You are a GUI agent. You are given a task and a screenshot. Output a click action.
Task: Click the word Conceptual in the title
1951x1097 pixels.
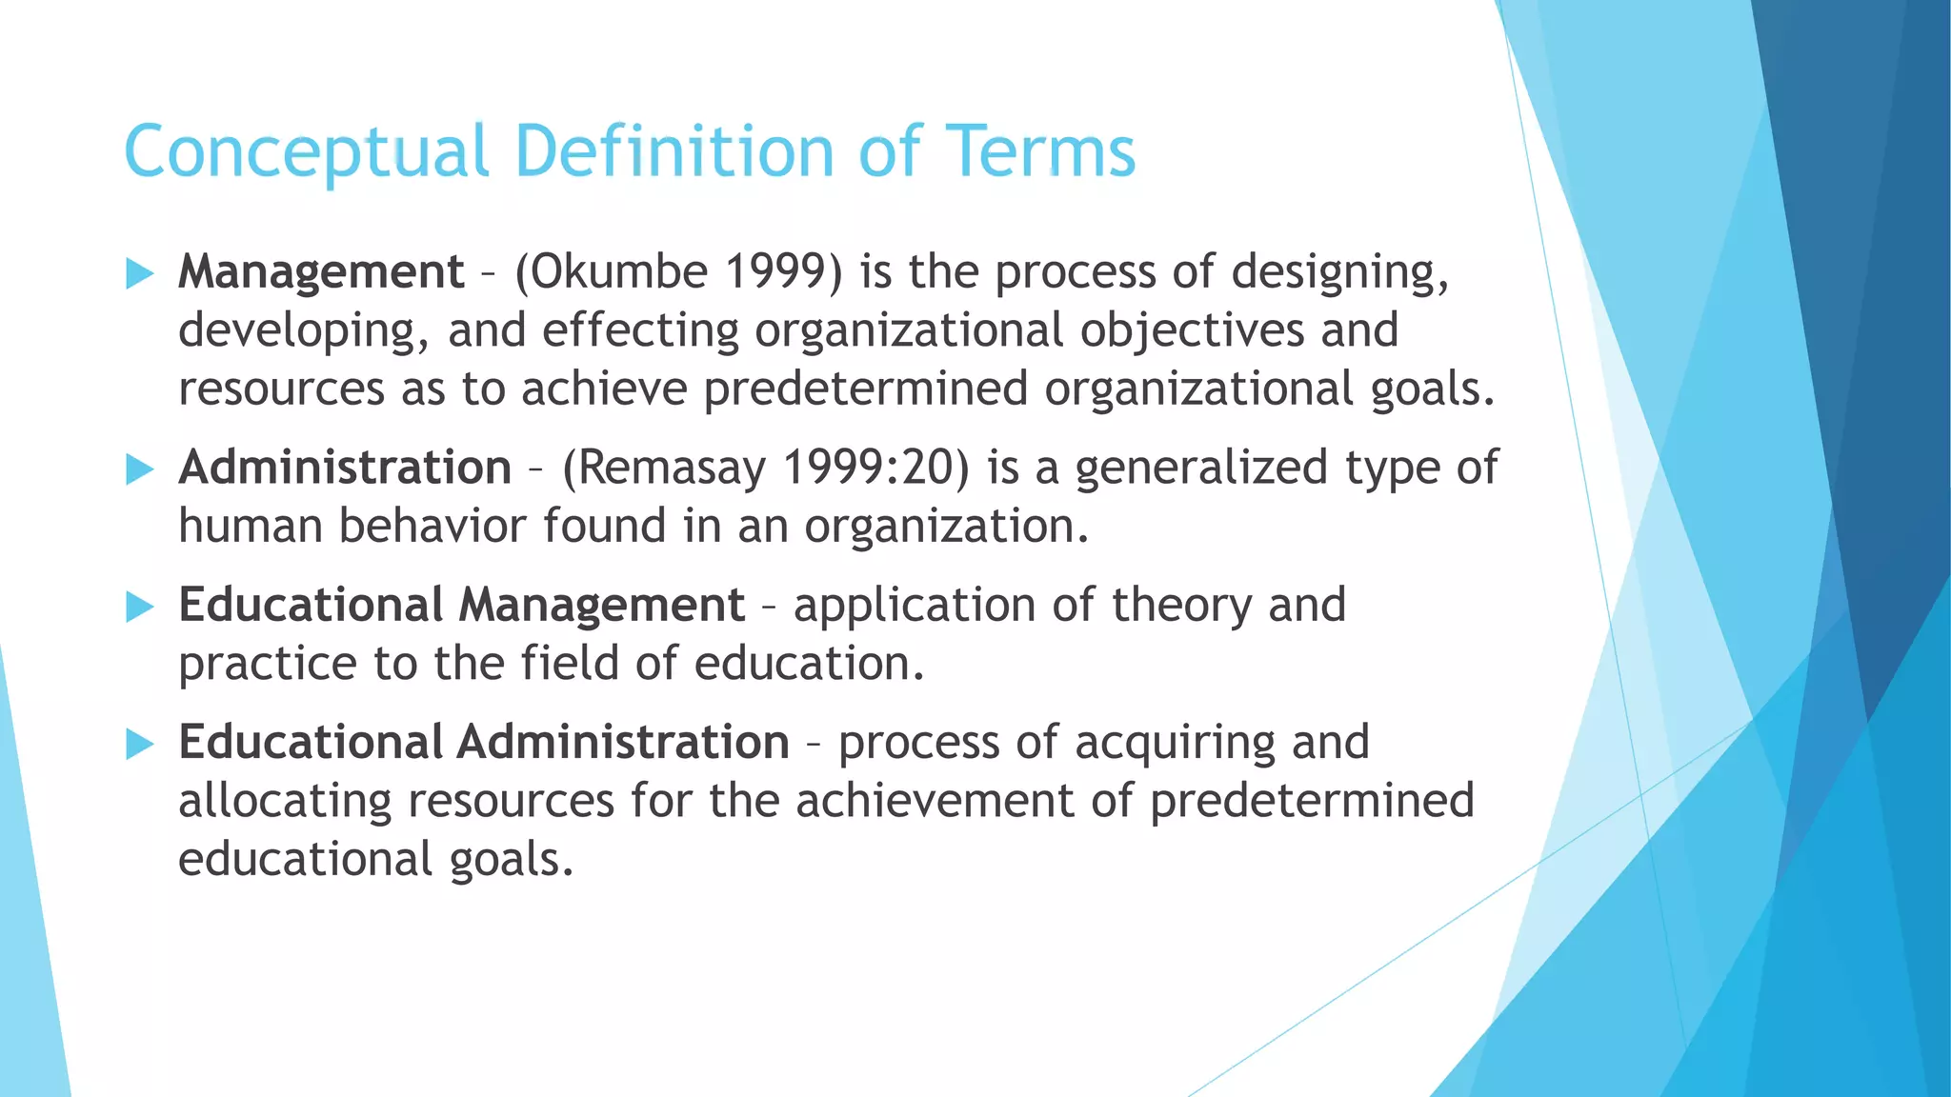306,152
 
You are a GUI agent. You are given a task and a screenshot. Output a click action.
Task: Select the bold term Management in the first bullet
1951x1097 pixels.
321,272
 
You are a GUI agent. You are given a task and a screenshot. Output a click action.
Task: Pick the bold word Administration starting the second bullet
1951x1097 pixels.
345,469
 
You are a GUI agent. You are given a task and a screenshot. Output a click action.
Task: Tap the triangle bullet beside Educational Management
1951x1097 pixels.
139,607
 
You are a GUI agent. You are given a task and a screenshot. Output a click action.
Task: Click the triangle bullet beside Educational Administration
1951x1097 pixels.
139,744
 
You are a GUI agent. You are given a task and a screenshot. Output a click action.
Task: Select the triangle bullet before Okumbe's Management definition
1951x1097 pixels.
139,274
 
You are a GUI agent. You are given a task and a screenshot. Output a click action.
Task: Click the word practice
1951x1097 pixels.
267,665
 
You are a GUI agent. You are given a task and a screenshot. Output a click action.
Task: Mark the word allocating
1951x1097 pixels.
284,802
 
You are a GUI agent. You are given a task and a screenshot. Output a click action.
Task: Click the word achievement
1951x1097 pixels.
935,802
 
